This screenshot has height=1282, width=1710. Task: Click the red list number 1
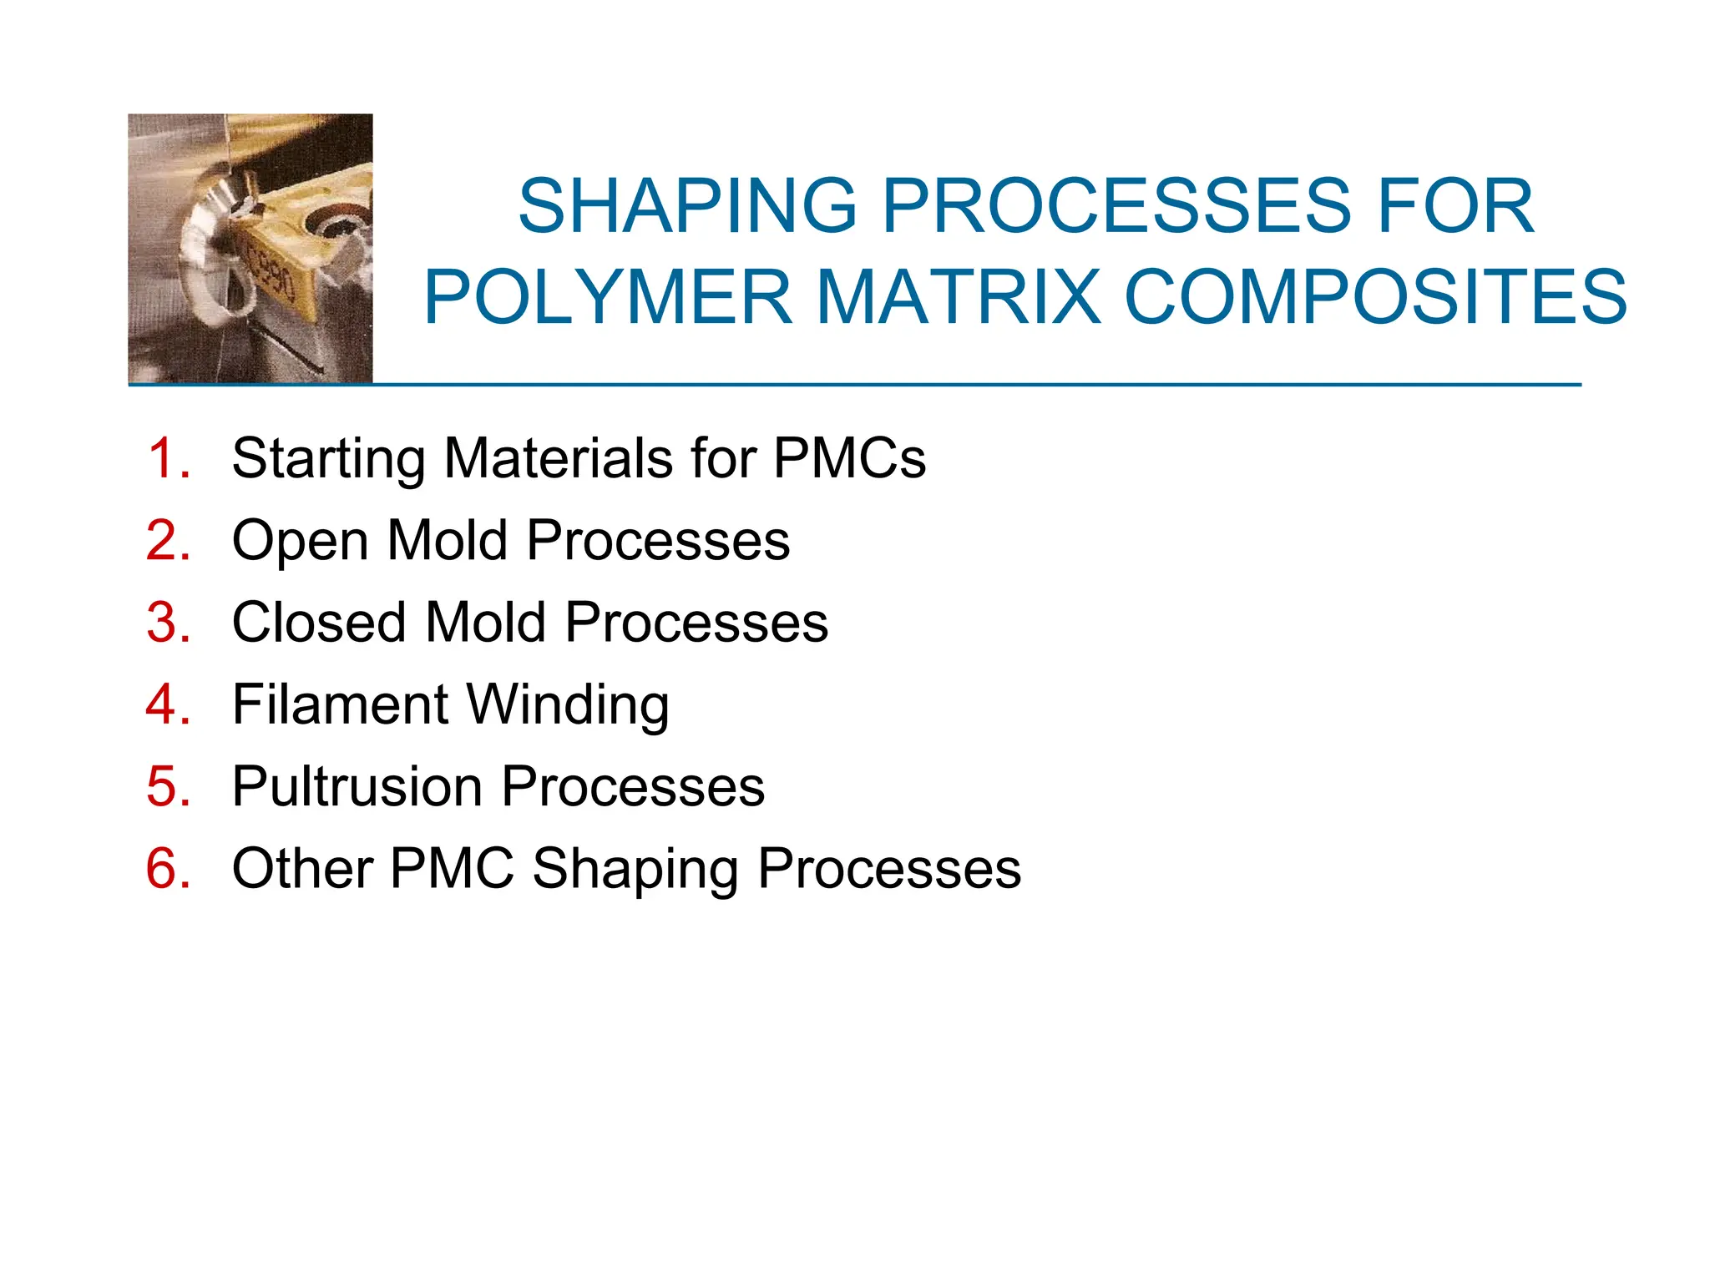[x=168, y=458]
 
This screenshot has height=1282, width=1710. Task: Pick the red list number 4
[x=168, y=704]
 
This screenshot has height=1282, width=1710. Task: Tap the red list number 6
[x=168, y=869]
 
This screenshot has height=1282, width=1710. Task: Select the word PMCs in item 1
[x=849, y=458]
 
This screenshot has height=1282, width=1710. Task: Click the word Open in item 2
[x=300, y=542]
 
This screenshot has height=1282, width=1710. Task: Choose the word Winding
[x=567, y=706]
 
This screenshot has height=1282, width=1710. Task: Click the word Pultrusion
[x=357, y=787]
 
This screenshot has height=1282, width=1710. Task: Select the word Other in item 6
[x=302, y=869]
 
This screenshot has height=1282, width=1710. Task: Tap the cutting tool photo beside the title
[x=250, y=248]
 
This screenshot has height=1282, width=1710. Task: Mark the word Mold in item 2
[x=448, y=540]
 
